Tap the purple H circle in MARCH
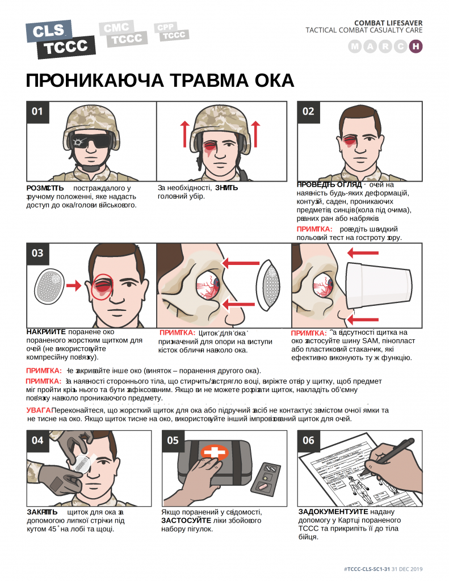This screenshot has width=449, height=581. pos(416,47)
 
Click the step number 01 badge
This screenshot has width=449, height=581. pos(37,112)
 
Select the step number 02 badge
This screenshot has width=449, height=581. pos(308,112)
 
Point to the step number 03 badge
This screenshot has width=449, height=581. pos(37,253)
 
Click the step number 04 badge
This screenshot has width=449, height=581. pos(37,440)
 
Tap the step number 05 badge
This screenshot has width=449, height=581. pos(173,440)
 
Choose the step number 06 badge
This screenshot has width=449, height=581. pos(308,440)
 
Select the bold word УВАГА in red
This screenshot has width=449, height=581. pos(38,410)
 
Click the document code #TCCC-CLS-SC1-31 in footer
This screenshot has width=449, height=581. pos(367,569)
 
